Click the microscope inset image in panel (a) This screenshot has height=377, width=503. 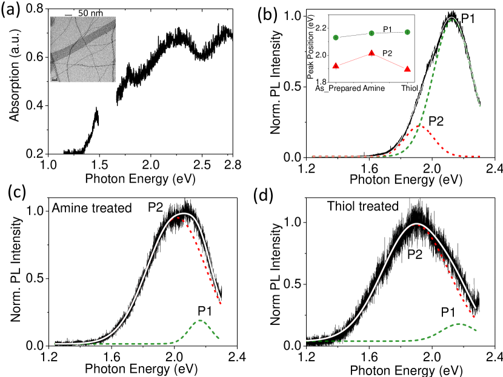coord(83,48)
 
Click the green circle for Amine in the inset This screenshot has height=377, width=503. coord(371,33)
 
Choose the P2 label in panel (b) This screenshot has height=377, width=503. coord(436,120)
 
